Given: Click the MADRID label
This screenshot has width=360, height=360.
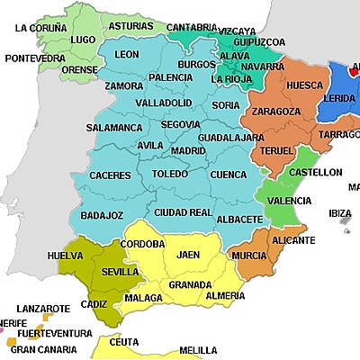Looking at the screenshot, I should click(x=188, y=150).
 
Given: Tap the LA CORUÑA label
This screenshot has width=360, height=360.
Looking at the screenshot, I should click(x=41, y=28).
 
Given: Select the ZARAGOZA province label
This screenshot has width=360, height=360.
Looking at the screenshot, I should click(x=276, y=111).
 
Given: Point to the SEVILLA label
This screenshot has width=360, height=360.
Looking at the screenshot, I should click(x=121, y=271).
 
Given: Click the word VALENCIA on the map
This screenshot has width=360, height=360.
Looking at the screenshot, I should click(x=290, y=201).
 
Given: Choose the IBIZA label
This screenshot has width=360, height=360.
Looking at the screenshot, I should click(x=340, y=213).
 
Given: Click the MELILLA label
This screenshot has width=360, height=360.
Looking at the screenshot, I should click(x=197, y=350).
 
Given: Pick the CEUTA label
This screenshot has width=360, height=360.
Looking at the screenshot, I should click(x=123, y=342).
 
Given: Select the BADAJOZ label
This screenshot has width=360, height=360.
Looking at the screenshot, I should click(x=102, y=215).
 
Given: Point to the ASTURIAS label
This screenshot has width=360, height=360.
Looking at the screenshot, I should click(x=130, y=26).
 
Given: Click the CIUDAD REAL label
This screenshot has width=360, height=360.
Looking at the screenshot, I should click(x=183, y=212).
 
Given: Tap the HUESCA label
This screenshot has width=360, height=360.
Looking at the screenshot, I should click(x=304, y=85).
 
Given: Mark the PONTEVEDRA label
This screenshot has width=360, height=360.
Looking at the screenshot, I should click(x=34, y=58).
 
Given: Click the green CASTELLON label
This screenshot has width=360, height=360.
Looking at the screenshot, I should click(x=315, y=171).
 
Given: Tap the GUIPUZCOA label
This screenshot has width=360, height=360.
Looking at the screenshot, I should click(x=258, y=41).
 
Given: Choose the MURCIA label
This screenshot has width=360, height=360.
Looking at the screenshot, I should click(x=248, y=256).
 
